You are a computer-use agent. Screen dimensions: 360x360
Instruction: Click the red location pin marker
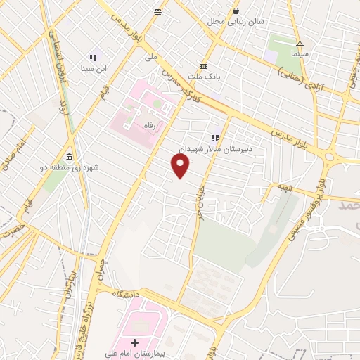[181, 165]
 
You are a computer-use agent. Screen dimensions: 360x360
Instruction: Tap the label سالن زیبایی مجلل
[236, 22]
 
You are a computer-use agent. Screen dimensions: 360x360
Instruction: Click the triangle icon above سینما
[300, 44]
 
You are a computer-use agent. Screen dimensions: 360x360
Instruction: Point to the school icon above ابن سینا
[92, 58]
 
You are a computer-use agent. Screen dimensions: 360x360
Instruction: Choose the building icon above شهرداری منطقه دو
[69, 157]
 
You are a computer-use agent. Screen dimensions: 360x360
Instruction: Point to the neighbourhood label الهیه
[282, 189]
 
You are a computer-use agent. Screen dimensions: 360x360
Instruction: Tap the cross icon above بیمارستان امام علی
[135, 342]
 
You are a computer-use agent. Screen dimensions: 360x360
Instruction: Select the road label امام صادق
[13, 155]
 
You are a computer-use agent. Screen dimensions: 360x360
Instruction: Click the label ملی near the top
[150, 56]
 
